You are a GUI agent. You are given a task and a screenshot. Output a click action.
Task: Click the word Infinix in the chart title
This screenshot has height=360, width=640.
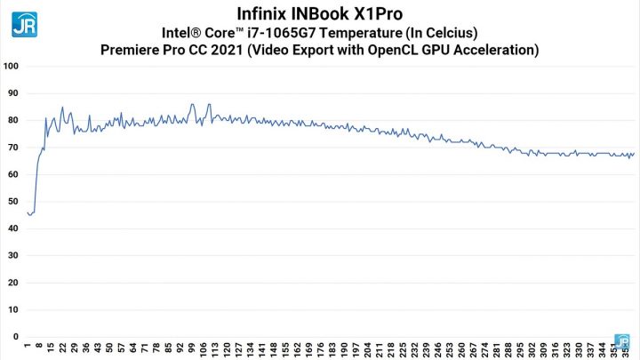tap(269, 14)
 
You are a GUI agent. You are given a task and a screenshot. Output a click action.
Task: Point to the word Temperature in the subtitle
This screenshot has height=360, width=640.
tap(354, 32)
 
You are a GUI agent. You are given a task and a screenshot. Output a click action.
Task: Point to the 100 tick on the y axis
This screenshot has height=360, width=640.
tap(12, 66)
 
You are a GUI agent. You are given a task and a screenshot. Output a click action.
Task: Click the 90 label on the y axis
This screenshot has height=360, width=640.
tap(13, 93)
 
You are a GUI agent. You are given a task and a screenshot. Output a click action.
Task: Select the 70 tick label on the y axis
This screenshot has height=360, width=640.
tap(13, 148)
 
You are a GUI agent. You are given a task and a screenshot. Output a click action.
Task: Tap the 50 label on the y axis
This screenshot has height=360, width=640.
tap(13, 202)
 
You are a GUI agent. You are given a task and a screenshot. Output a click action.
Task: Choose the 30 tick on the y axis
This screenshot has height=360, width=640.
tap(13, 256)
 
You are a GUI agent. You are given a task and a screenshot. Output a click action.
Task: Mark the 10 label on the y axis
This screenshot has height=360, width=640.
tap(13, 310)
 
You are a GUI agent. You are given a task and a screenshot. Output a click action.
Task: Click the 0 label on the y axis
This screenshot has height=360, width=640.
tap(16, 337)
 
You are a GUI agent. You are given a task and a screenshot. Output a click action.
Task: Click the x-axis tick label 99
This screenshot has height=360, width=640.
tap(191, 349)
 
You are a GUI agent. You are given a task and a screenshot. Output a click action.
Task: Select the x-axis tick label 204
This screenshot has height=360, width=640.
tap(367, 349)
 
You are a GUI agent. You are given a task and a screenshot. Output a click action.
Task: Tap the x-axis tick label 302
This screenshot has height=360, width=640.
tap(532, 349)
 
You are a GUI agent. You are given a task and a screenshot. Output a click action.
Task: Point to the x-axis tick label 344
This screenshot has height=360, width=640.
tap(602, 349)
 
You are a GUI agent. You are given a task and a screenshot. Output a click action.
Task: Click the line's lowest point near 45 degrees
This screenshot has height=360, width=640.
tap(31, 215)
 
